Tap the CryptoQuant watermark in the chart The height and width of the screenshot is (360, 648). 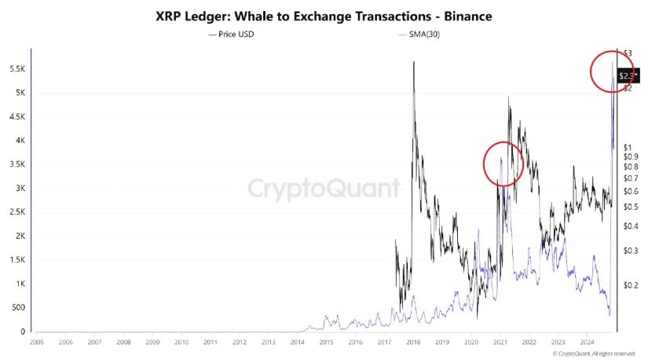324,189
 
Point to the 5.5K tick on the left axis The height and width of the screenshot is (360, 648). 15,69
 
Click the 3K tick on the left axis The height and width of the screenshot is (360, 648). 17,189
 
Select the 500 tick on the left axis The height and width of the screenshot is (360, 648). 17,308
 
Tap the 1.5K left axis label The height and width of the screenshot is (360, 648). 15,260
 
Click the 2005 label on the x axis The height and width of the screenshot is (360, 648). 37,343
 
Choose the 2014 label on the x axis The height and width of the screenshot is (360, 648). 298,343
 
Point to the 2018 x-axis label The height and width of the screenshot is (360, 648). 413,343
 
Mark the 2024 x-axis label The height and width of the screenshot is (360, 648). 587,343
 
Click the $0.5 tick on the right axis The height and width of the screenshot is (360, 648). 629,208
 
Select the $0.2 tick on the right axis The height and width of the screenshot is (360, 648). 629,285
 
